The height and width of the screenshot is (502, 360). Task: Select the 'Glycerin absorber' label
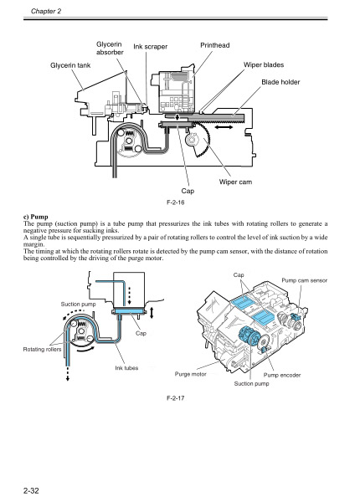tap(110, 48)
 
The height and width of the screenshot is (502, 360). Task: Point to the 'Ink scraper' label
tap(151, 47)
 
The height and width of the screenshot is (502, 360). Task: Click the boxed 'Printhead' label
tap(215, 44)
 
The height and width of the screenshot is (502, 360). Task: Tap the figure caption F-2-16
tap(177, 203)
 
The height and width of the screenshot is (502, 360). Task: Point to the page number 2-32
tap(34, 485)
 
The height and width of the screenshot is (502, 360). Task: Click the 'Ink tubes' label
tap(126, 368)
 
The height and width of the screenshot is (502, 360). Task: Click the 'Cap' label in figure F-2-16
tap(188, 192)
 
